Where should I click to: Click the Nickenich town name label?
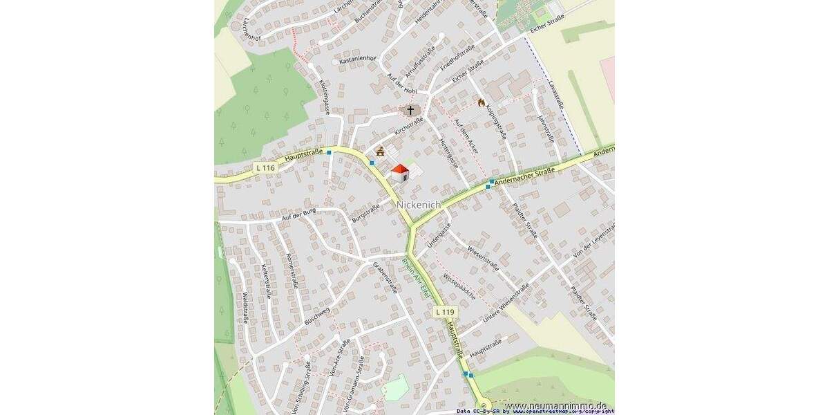click(419, 205)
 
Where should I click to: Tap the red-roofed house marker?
click(400, 173)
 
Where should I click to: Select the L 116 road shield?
click(264, 167)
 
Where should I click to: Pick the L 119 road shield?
click(445, 313)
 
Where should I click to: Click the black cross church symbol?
click(410, 110)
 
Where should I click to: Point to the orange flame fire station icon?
click(482, 102)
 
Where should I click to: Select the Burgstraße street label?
click(366, 212)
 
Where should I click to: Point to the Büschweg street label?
click(317, 316)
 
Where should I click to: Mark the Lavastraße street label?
click(556, 96)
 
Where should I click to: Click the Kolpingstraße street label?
click(495, 120)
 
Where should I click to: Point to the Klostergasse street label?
click(323, 96)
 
